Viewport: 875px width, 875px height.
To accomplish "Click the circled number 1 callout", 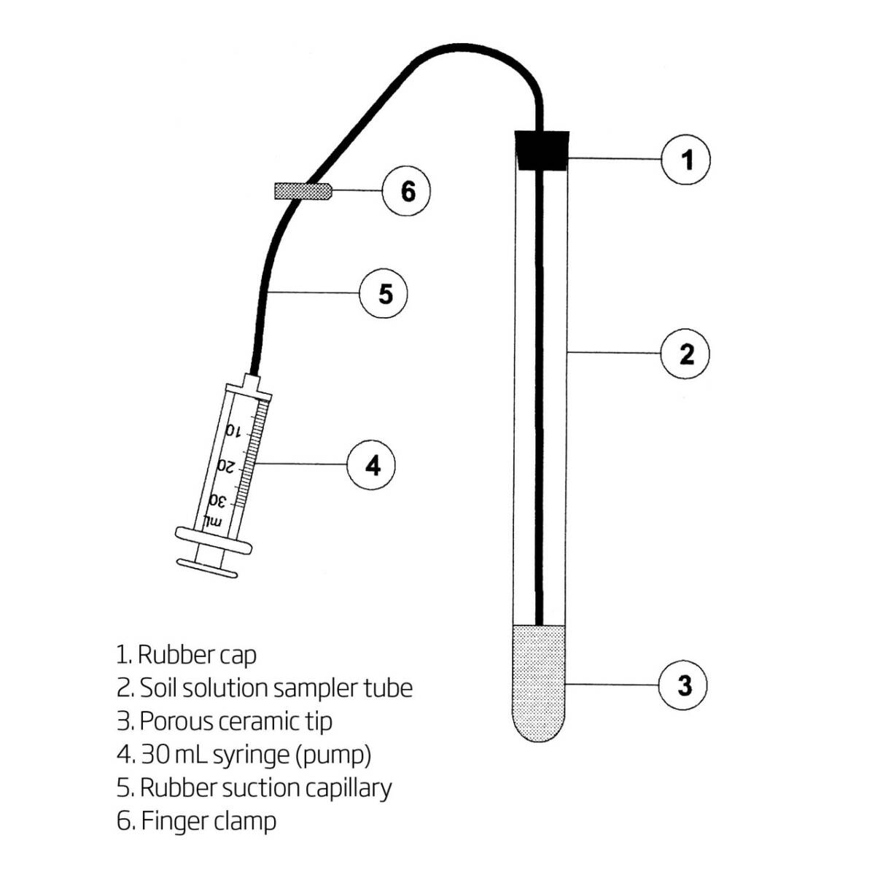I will tap(685, 159).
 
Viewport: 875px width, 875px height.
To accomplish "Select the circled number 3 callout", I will tap(683, 685).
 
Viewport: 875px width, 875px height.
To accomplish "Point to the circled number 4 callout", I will tap(372, 464).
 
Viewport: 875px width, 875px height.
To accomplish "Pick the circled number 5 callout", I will tap(384, 294).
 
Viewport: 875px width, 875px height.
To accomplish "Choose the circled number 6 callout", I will tap(407, 191).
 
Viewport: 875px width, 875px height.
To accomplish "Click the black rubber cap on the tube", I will tap(542, 149).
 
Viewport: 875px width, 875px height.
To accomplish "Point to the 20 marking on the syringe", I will tap(226, 465).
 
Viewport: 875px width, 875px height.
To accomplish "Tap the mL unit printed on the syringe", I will tap(212, 521).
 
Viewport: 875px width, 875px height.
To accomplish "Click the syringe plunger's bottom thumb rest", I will tap(207, 567).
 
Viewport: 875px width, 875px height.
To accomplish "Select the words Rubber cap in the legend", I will tap(197, 655).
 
